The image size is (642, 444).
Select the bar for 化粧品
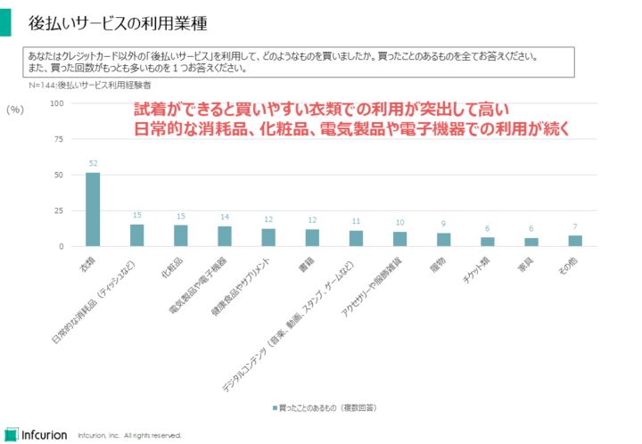(x=180, y=235)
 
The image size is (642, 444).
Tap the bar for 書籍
(x=312, y=238)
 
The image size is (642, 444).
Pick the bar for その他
(x=575, y=241)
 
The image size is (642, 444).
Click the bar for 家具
(x=531, y=242)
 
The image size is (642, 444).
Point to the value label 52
(x=93, y=163)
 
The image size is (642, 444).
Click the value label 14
(x=224, y=217)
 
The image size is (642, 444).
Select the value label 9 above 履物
(x=443, y=224)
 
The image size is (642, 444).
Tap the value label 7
(x=575, y=226)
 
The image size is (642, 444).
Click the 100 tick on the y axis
(x=56, y=103)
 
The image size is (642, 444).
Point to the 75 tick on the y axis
(x=58, y=139)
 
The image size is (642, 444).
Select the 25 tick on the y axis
(x=58, y=210)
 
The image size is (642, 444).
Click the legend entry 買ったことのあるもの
(x=325, y=407)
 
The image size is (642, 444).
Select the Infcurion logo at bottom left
(x=36, y=434)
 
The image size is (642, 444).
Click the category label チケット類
(x=480, y=267)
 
